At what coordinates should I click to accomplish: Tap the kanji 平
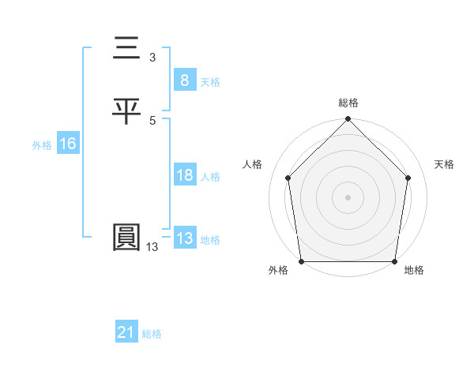126,112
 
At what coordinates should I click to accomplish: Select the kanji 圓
126,238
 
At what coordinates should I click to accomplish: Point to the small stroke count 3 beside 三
152,58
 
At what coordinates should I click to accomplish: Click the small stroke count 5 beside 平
152,120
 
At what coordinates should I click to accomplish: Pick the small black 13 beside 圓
152,247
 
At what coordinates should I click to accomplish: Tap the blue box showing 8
184,81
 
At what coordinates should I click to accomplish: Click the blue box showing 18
184,175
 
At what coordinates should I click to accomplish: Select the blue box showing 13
184,238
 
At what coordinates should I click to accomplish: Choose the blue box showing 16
67,144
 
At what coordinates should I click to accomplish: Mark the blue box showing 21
126,333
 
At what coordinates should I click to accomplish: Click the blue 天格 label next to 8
210,82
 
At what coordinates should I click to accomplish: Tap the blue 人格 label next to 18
210,177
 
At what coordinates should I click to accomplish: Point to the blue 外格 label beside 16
42,145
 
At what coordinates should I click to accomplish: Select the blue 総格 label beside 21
152,335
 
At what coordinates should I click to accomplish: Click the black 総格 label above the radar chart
348,103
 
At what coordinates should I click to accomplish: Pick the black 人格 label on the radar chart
253,164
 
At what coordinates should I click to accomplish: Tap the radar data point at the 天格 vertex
408,178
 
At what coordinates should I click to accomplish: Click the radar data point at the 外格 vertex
302,261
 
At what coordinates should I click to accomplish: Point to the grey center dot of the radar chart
348,197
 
